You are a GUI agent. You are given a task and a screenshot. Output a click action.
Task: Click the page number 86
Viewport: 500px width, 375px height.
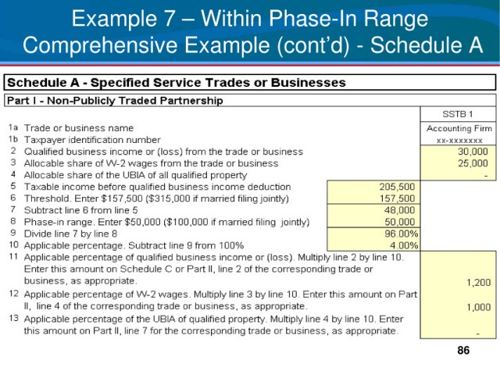pyautogui.click(x=463, y=350)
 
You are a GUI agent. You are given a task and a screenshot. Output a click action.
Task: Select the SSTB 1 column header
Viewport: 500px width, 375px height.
pyautogui.click(x=458, y=114)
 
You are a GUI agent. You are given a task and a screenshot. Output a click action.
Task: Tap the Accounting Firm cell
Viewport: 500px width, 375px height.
pyautogui.click(x=459, y=128)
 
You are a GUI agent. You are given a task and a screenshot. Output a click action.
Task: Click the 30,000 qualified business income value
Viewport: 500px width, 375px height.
pyautogui.click(x=473, y=152)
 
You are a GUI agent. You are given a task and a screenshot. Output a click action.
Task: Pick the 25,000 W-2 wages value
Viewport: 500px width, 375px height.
pyautogui.click(x=473, y=163)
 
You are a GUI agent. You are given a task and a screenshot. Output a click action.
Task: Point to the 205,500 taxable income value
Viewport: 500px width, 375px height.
pyautogui.click(x=397, y=187)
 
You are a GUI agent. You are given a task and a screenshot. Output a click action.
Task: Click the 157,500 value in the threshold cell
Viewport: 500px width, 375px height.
pyautogui.click(x=397, y=198)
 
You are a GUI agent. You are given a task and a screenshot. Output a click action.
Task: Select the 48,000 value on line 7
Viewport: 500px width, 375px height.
pyautogui.click(x=399, y=210)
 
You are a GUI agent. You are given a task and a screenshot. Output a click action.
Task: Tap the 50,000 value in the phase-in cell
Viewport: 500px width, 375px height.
pyautogui.click(x=399, y=222)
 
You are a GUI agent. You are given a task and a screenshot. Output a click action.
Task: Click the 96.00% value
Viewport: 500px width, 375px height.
pyautogui.click(x=401, y=234)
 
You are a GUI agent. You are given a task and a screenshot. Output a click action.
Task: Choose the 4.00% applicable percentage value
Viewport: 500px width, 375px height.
pyautogui.click(x=404, y=245)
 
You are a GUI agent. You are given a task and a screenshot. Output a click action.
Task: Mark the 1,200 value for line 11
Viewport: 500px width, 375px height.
pyautogui.click(x=478, y=283)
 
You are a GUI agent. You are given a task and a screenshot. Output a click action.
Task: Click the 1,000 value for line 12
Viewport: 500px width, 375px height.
pyautogui.click(x=478, y=307)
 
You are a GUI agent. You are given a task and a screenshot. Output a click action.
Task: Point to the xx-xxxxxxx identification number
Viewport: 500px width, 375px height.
pyautogui.click(x=459, y=141)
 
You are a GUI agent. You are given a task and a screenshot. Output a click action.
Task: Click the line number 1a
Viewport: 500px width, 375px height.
pyautogui.click(x=13, y=127)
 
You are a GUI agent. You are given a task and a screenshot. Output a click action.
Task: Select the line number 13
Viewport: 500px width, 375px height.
pyautogui.click(x=14, y=318)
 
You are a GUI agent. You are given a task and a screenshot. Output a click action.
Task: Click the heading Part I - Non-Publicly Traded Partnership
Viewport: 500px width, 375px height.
pyautogui.click(x=115, y=101)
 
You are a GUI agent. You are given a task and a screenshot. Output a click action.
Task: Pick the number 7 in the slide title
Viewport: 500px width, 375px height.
pyautogui.click(x=168, y=19)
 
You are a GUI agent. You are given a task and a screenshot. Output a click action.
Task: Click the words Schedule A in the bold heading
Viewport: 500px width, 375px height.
pyautogui.click(x=43, y=82)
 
